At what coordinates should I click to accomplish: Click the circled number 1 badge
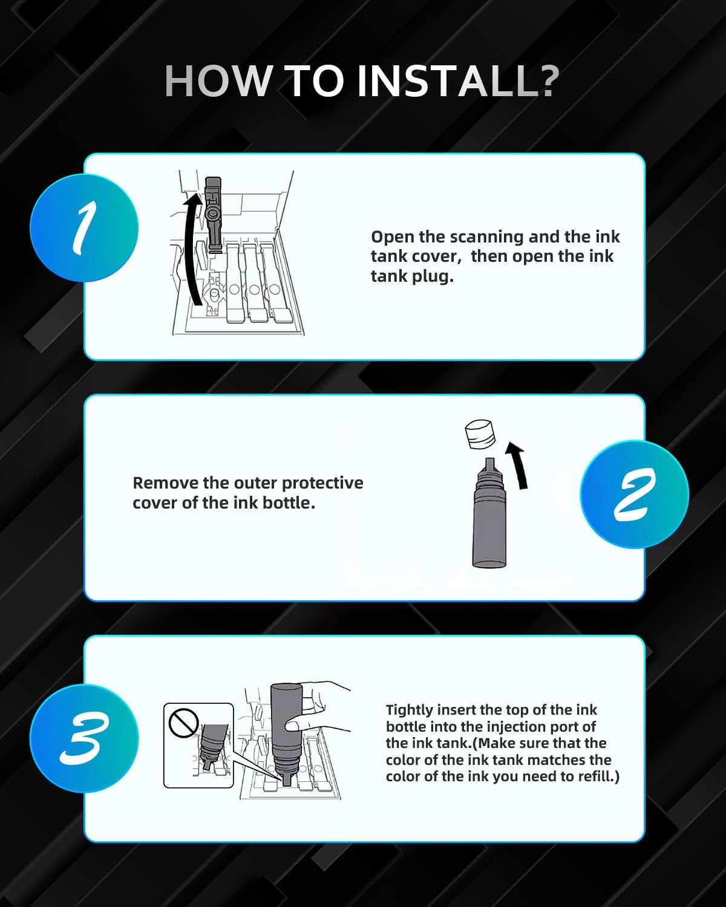tap(84, 228)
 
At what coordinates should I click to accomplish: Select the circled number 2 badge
tap(635, 494)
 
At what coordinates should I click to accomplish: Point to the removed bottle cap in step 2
tap(480, 434)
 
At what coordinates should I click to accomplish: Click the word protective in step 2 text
tap(322, 484)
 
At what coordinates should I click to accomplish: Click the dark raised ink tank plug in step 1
tap(213, 213)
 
